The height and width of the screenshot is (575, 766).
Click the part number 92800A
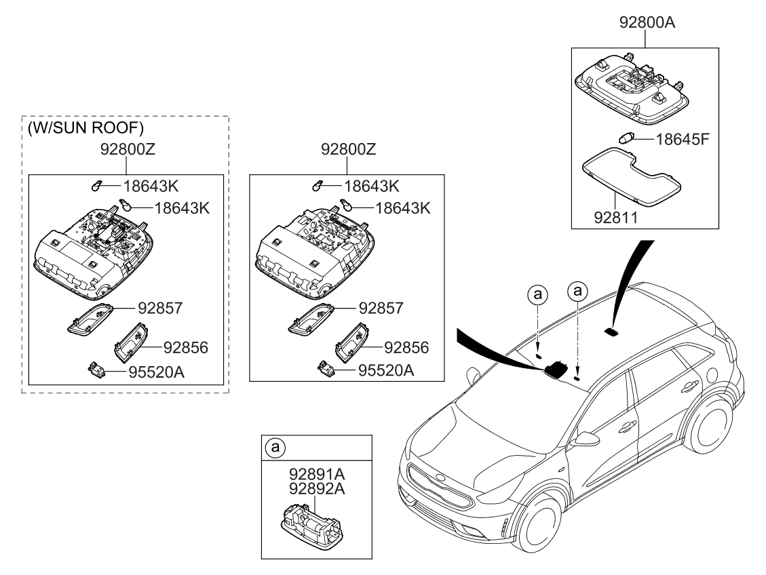click(647, 22)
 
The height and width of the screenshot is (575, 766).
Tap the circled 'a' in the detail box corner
click(274, 448)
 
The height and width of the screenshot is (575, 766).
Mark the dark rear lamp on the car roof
click(611, 332)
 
